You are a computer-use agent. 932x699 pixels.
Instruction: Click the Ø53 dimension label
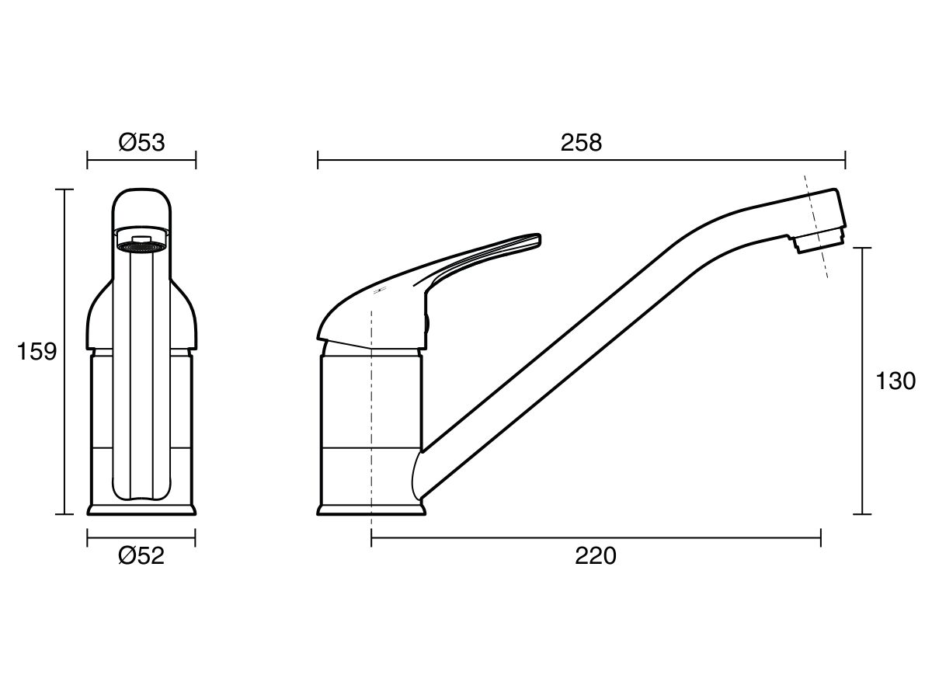[x=141, y=142]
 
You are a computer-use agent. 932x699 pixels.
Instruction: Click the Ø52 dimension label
[x=141, y=556]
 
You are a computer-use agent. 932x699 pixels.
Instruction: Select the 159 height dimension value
[x=37, y=352]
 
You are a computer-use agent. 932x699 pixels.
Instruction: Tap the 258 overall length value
[x=581, y=142]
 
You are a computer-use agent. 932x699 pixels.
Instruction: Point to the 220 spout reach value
[x=596, y=556]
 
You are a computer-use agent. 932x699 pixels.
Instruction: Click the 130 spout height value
[x=895, y=381]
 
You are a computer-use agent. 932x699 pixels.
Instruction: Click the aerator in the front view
[x=141, y=247]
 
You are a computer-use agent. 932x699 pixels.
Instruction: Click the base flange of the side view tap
[x=372, y=509]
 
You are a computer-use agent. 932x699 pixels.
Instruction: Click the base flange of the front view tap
[x=141, y=509]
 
